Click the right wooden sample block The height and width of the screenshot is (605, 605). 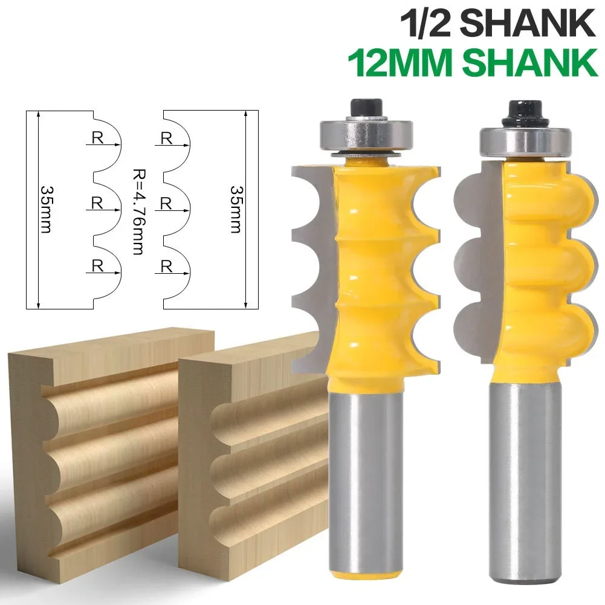click(x=254, y=459)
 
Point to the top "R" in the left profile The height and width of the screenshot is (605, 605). click(x=97, y=138)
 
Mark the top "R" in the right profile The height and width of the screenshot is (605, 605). click(x=167, y=138)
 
